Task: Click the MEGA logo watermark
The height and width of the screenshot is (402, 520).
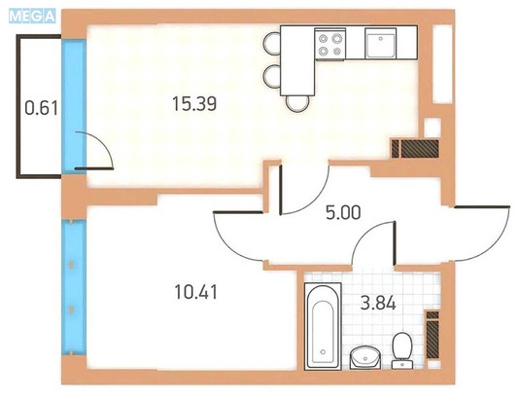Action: (32, 17)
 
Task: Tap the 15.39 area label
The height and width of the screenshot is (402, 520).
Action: (194, 103)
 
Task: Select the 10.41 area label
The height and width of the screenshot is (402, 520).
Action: (196, 292)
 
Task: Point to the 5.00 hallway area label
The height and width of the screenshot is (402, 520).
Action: (343, 212)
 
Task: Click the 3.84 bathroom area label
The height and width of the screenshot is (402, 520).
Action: (378, 304)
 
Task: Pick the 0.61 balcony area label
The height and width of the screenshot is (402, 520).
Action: (42, 108)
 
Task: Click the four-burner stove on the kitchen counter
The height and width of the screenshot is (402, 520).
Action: (329, 44)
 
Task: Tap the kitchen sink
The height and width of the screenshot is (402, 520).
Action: (381, 43)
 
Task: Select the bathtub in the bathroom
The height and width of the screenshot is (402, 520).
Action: (323, 326)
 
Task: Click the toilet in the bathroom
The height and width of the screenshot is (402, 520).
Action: (402, 350)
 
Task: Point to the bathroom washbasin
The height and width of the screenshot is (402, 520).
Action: (365, 357)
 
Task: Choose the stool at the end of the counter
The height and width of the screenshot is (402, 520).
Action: (297, 104)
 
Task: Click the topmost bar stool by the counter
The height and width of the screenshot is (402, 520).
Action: (272, 43)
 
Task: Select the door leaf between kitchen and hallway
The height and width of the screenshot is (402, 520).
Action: (281, 190)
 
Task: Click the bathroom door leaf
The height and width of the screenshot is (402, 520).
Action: (395, 243)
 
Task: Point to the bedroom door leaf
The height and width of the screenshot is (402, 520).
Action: (239, 212)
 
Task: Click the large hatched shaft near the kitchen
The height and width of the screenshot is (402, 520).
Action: (420, 149)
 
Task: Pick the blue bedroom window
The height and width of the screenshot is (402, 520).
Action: (74, 287)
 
